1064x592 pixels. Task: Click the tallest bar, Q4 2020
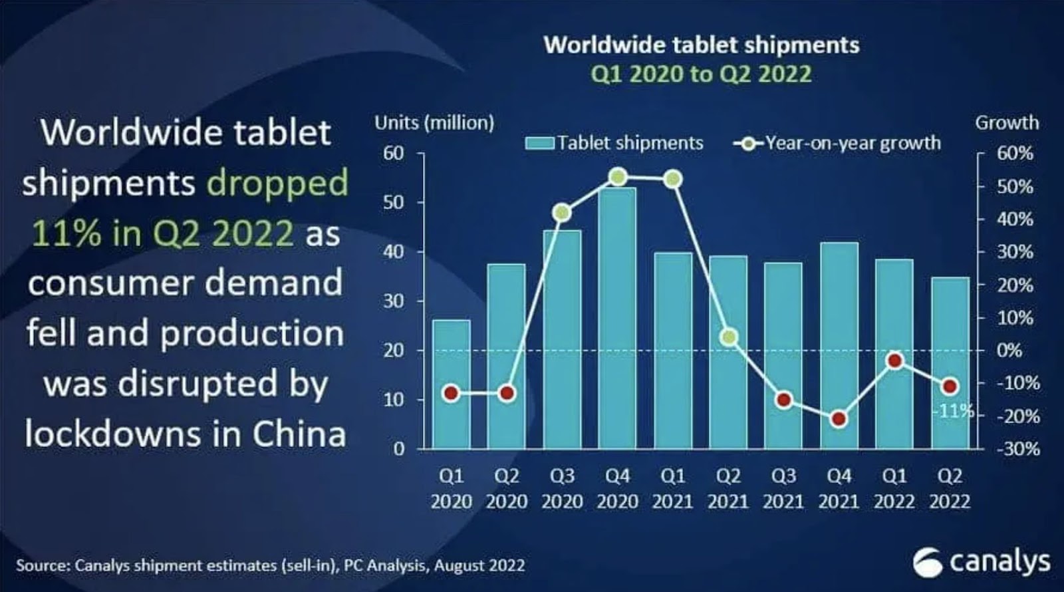tap(617, 319)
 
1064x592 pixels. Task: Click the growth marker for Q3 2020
tap(562, 213)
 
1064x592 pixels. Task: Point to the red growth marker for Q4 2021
tap(839, 419)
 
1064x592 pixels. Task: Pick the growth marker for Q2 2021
tap(729, 337)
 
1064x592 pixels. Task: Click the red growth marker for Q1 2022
tap(894, 361)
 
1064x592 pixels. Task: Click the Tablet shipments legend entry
tap(614, 143)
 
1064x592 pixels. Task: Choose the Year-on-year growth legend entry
tap(838, 143)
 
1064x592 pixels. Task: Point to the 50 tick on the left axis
tap(393, 202)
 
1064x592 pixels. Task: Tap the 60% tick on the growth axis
tap(1015, 153)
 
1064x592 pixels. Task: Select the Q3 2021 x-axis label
tap(783, 488)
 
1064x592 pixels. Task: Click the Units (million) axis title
tap(434, 122)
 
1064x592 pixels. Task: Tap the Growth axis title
tap(1006, 122)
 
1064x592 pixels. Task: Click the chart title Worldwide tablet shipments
tap(702, 45)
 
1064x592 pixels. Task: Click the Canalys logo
tap(982, 562)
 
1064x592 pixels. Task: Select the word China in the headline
tap(299, 434)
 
